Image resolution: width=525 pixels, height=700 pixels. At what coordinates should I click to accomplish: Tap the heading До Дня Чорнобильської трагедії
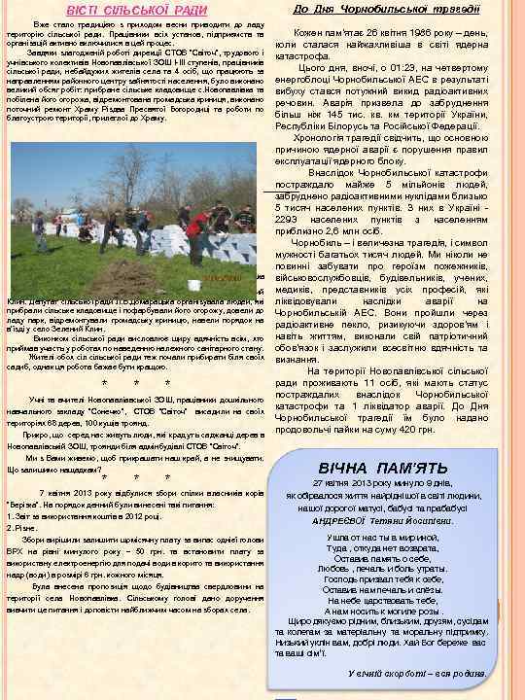click(385, 9)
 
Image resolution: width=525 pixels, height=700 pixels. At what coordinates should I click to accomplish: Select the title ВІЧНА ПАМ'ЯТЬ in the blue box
click(382, 468)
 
